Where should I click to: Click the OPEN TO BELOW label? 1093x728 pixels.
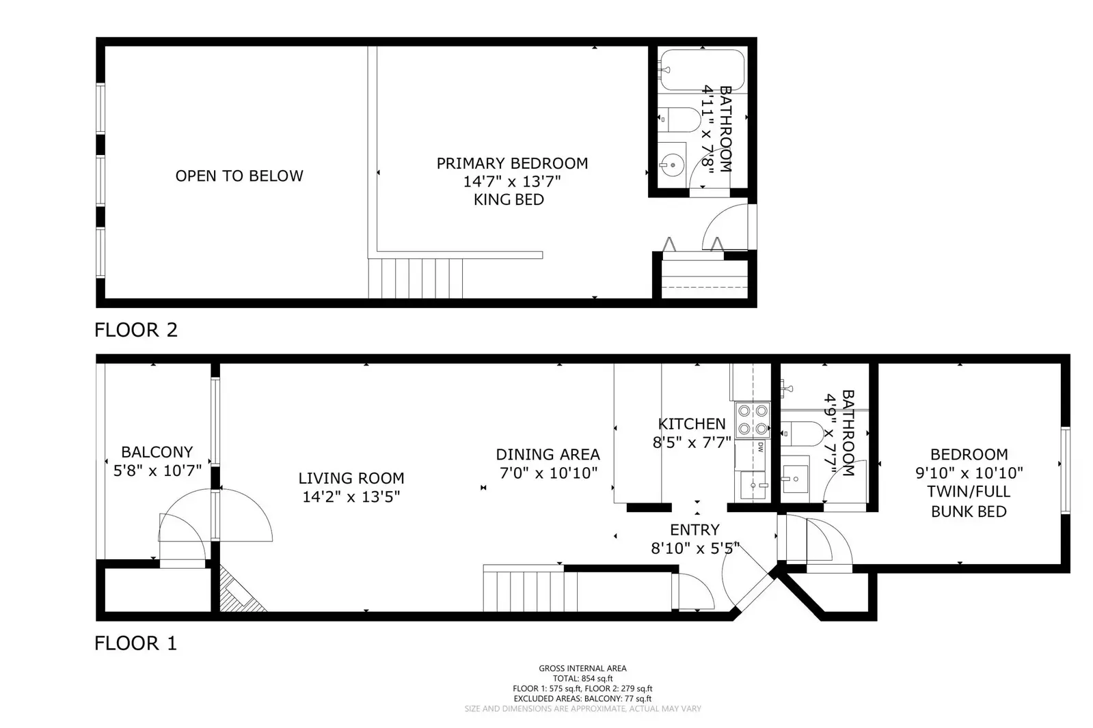click(x=239, y=176)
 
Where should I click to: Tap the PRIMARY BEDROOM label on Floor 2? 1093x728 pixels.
click(x=512, y=163)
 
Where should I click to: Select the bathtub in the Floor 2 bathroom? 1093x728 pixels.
click(x=702, y=70)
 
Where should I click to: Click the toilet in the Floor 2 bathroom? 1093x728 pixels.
click(x=681, y=120)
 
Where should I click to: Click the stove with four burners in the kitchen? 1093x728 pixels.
click(x=752, y=419)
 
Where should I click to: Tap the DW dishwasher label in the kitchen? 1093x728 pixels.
click(x=760, y=447)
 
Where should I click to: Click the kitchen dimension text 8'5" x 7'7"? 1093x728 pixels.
click(x=692, y=443)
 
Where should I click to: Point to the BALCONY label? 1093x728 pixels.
click(x=157, y=452)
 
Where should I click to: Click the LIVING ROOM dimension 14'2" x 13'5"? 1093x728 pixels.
click(x=351, y=496)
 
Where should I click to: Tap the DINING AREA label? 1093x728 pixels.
click(x=548, y=454)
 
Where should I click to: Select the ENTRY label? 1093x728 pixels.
click(x=694, y=529)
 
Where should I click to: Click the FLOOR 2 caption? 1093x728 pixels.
click(x=135, y=330)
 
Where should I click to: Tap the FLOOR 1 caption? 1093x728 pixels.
click(x=135, y=643)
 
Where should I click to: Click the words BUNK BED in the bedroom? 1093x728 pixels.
click(x=969, y=511)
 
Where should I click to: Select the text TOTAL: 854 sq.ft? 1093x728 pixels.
click(x=582, y=678)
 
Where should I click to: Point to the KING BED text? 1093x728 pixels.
click(x=509, y=199)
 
